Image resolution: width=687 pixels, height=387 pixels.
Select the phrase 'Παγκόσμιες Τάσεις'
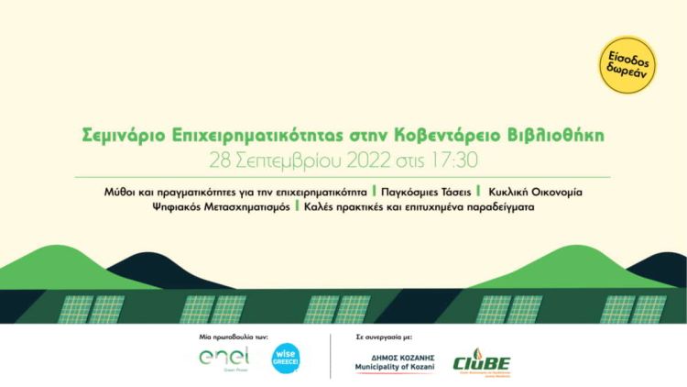point(427,193)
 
